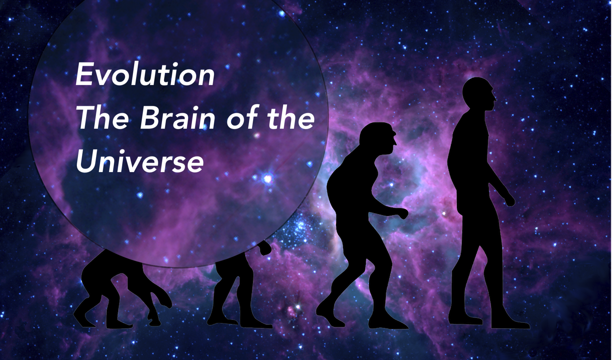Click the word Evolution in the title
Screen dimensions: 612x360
pos(145,74)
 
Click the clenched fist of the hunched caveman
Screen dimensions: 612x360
pos(402,213)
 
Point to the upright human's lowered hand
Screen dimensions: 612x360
pos(509,200)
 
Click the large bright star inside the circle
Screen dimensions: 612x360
pos(267,179)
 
